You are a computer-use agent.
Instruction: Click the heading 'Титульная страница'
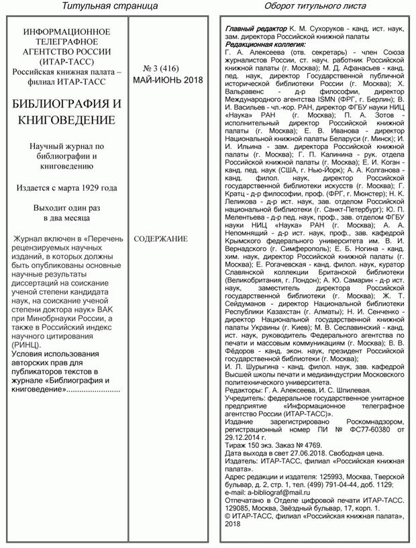tap(109, 6)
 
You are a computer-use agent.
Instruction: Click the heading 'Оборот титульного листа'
tap(315, 6)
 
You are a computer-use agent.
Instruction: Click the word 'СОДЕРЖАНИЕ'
tap(161, 238)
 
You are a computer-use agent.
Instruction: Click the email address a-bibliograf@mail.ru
tap(282, 492)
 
